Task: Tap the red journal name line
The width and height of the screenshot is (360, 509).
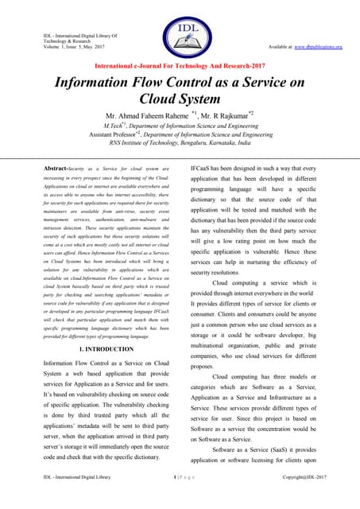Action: [180, 66]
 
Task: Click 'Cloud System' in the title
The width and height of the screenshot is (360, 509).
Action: [180, 100]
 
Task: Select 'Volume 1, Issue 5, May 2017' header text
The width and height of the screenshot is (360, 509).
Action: [66, 48]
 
